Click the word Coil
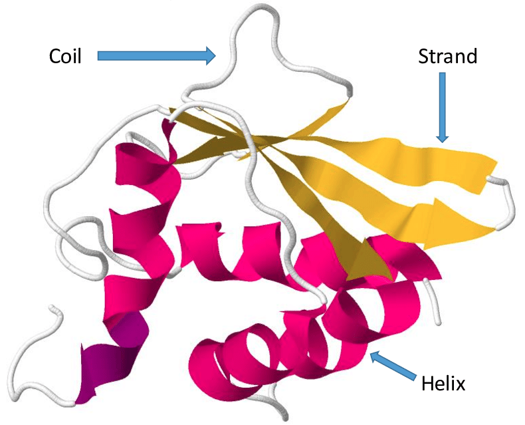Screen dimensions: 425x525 [65, 57]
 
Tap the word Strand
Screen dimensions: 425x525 [447, 57]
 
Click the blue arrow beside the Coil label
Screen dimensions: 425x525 [157, 56]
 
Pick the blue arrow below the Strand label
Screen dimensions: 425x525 [442, 106]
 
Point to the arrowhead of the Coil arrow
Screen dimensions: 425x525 [210, 56]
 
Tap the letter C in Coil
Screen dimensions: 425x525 [55, 57]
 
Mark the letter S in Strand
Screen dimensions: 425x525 [423, 57]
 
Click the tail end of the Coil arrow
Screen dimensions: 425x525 [100, 56]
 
